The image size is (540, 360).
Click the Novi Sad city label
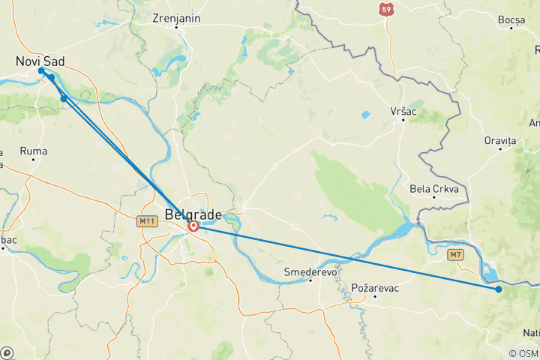pyautogui.click(x=40, y=60)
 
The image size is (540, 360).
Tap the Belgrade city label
pyautogui.click(x=193, y=215)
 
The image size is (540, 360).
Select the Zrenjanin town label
pyautogui.click(x=175, y=18)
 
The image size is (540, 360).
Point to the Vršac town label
pyautogui.click(x=403, y=110)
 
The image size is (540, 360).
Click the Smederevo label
pyautogui.click(x=309, y=271)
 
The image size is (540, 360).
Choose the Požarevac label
pyautogui.click(x=375, y=287)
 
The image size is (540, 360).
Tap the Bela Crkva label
pyautogui.click(x=434, y=188)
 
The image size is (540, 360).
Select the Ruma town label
pyautogui.click(x=34, y=151)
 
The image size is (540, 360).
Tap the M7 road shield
pyautogui.click(x=454, y=255)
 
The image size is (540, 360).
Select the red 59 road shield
pyautogui.click(x=385, y=9)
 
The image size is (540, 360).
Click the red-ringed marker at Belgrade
pyautogui.click(x=193, y=226)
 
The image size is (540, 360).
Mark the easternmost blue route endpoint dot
pyautogui.click(x=499, y=289)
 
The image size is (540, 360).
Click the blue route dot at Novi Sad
pyautogui.click(x=41, y=70)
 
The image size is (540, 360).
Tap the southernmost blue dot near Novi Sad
pyautogui.click(x=64, y=98)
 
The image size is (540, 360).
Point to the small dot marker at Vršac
pyautogui.click(x=403, y=120)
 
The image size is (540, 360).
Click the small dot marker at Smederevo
pyautogui.click(x=310, y=280)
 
